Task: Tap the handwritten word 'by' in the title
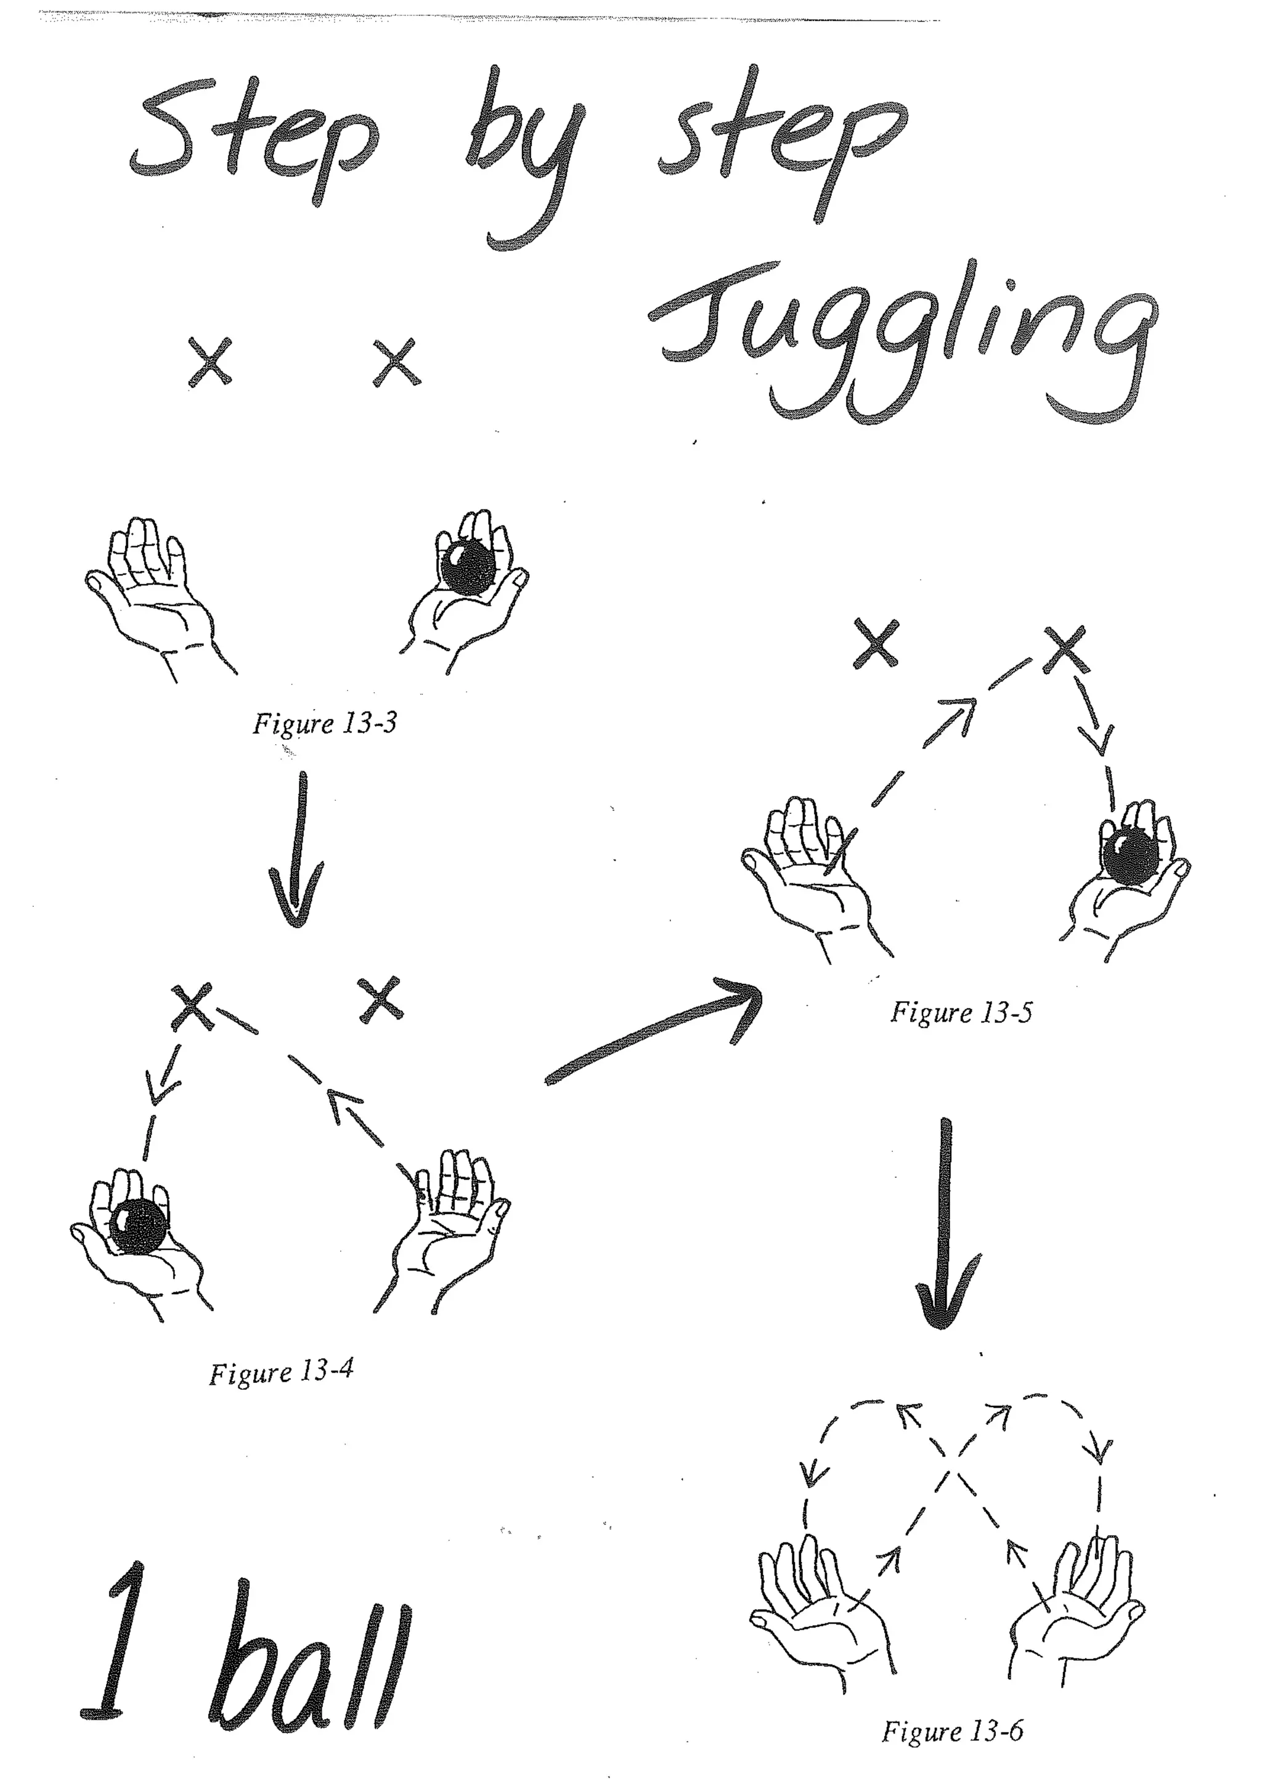(529, 155)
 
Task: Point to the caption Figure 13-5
(961, 1013)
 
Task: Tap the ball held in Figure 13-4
(137, 1228)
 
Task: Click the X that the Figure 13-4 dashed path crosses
(192, 1008)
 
